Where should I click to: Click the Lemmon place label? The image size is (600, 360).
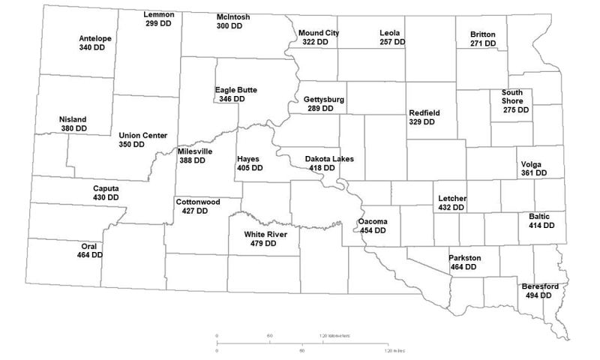[x=159, y=15]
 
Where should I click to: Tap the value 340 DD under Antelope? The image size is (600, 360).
[x=92, y=47]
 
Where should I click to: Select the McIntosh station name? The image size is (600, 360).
[x=233, y=16]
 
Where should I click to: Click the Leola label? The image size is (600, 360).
[x=390, y=33]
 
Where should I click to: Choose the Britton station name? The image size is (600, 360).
[x=482, y=34]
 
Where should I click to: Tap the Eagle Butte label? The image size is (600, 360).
[x=235, y=90]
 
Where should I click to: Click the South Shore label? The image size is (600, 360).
[x=513, y=97]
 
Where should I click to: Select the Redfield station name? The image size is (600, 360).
[x=424, y=112]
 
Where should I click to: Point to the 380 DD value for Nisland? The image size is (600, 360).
[x=73, y=129]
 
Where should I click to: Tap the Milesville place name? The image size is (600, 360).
[x=195, y=151]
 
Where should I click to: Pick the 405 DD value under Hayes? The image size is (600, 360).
[x=250, y=168]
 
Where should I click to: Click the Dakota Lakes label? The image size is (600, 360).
[x=328, y=159]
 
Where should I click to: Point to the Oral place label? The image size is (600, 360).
[x=89, y=246]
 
